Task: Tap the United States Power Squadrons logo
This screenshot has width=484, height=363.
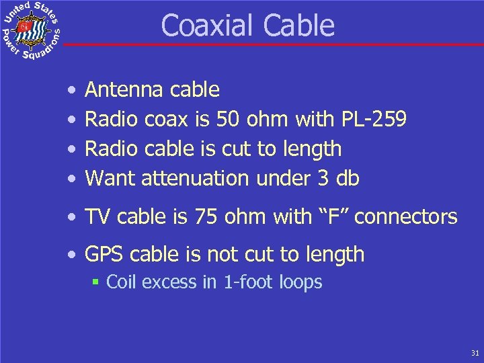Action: [x=30, y=30]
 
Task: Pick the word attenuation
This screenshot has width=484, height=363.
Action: [x=196, y=178]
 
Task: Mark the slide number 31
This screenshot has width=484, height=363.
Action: [x=475, y=352]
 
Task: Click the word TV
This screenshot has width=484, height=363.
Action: [x=97, y=216]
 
